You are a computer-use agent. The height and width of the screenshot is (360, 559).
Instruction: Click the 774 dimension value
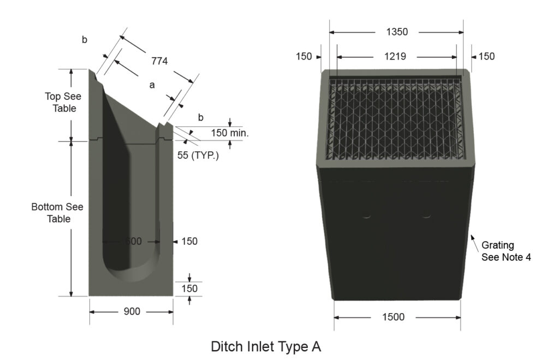point(159,61)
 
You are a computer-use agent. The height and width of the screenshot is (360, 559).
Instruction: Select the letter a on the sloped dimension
point(152,85)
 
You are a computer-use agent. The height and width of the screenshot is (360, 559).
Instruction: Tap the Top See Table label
point(63,102)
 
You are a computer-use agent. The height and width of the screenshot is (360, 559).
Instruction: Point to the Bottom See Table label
point(58,213)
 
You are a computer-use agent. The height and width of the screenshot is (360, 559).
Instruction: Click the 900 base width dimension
point(131,311)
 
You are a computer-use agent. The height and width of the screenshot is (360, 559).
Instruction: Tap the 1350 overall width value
point(397,32)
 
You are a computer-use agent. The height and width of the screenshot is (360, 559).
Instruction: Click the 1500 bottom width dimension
point(394,317)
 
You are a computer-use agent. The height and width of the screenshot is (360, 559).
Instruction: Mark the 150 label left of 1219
point(304,56)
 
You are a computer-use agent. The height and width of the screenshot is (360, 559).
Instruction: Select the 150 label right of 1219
point(486,56)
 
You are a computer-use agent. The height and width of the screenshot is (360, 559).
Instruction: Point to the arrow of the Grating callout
point(473,238)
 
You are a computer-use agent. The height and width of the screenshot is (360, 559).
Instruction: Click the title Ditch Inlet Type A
point(266,347)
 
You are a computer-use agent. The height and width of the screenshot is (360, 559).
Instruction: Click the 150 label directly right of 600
point(189,241)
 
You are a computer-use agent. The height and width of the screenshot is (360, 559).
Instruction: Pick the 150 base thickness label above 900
point(189,288)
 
